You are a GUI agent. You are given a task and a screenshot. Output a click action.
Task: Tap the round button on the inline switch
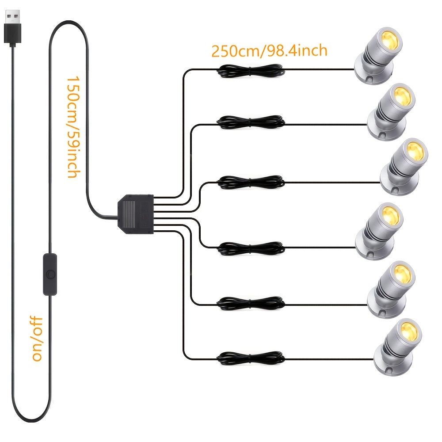(x=50, y=274)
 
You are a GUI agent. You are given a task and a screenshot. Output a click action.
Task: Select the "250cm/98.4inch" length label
(x=269, y=51)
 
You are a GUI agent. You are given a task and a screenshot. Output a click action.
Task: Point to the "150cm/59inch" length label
(x=73, y=127)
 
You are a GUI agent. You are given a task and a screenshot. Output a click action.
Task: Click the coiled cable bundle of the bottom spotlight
(x=251, y=358)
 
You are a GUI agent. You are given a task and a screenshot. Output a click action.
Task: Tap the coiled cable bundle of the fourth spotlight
(x=251, y=248)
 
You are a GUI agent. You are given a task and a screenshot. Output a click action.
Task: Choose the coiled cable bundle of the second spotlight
(x=251, y=122)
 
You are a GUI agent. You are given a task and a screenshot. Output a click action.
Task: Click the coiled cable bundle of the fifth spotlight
(x=251, y=303)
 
